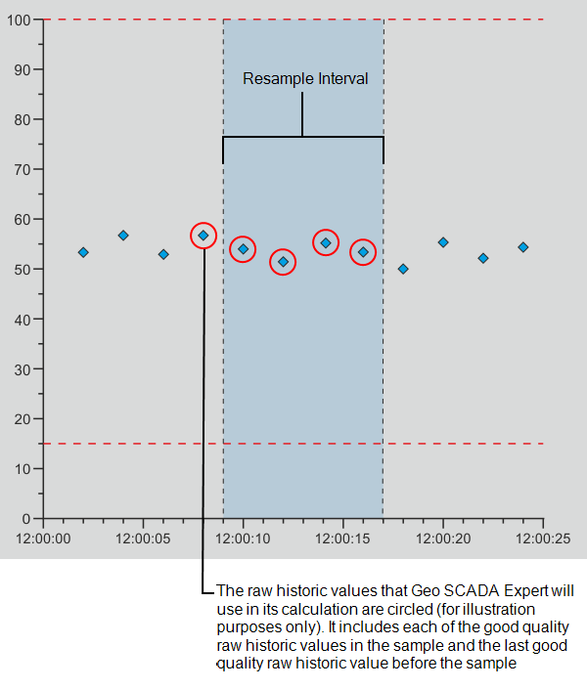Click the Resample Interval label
pos(305,79)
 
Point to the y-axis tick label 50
pos(22,270)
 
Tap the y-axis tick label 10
pos(22,469)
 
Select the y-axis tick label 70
pos(22,170)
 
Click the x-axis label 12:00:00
pos(43,538)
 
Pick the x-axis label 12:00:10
pos(242,538)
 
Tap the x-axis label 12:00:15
pos(342,538)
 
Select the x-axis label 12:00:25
pos(542,538)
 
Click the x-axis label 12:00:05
pos(143,538)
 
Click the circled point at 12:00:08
pos(203,236)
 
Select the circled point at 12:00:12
pos(283,261)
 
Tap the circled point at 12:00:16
pos(363,252)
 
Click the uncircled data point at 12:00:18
pos(403,269)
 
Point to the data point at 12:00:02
pos(83,252)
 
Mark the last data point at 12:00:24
pos(523,247)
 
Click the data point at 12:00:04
pos(123,236)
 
